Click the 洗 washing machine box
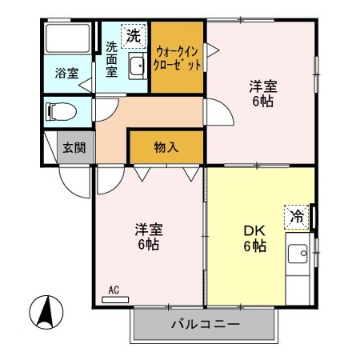[133, 36]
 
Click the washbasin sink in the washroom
[136, 67]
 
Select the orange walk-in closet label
[178, 58]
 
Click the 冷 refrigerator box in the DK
[296, 215]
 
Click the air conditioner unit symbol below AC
[115, 300]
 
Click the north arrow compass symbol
[46, 312]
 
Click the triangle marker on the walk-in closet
[211, 50]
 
